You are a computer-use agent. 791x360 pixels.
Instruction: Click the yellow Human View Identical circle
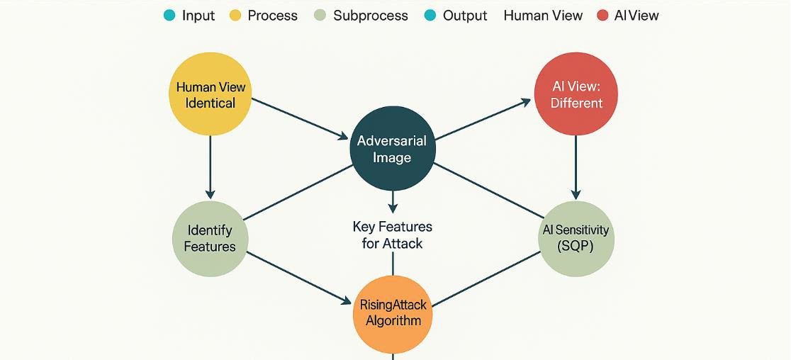click(x=211, y=95)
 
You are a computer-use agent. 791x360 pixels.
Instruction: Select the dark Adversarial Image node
click(x=392, y=149)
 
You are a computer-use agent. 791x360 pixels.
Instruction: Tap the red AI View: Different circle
click(x=576, y=95)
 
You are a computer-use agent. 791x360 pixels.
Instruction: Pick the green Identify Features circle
click(x=210, y=238)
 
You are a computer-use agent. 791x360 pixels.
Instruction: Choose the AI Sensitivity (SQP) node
click(x=576, y=238)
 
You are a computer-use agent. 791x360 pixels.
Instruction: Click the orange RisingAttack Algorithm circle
click(x=393, y=313)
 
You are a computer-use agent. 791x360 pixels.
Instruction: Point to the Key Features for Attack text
click(x=393, y=235)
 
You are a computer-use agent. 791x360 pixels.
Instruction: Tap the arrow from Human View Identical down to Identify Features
click(x=210, y=167)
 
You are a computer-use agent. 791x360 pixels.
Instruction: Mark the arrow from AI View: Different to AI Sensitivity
click(x=576, y=167)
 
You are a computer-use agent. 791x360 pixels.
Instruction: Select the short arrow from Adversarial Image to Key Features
click(x=392, y=201)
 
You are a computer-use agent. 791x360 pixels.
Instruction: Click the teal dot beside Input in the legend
click(x=169, y=15)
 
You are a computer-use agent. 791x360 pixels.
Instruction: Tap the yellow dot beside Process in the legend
click(x=235, y=15)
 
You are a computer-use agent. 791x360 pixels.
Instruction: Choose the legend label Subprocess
click(x=371, y=15)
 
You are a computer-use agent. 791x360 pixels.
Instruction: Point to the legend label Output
click(x=465, y=15)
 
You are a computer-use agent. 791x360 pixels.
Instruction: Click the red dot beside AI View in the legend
click(x=602, y=15)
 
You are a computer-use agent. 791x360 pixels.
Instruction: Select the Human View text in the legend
click(x=543, y=15)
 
